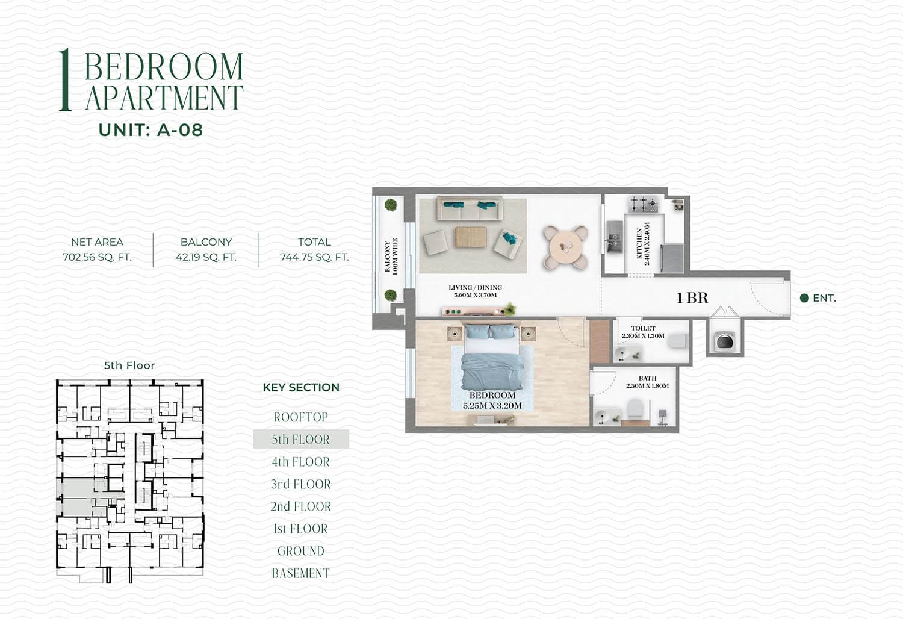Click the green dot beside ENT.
804,298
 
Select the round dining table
566,247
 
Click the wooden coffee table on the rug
471,237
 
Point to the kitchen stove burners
643,205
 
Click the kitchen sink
614,237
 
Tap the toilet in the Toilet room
677,341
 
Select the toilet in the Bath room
635,408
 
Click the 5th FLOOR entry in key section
301,439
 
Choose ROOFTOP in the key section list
301,417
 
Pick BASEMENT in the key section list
301,573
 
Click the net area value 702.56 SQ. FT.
97,257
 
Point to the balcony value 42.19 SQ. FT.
206,257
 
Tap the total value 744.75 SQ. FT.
314,257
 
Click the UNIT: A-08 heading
150,130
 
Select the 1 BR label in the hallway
692,298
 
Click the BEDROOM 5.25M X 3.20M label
492,400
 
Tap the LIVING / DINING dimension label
476,291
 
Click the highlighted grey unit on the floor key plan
81,498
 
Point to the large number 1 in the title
65,80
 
